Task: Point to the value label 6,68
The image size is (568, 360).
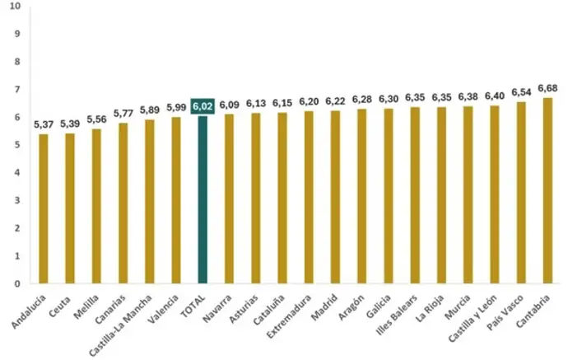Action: (x=547, y=88)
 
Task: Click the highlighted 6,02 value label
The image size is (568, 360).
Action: (x=203, y=105)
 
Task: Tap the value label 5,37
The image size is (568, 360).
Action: (x=44, y=124)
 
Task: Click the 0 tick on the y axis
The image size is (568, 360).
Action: (x=17, y=283)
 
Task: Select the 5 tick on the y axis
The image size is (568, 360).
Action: (x=17, y=144)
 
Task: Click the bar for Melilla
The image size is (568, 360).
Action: (x=96, y=206)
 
